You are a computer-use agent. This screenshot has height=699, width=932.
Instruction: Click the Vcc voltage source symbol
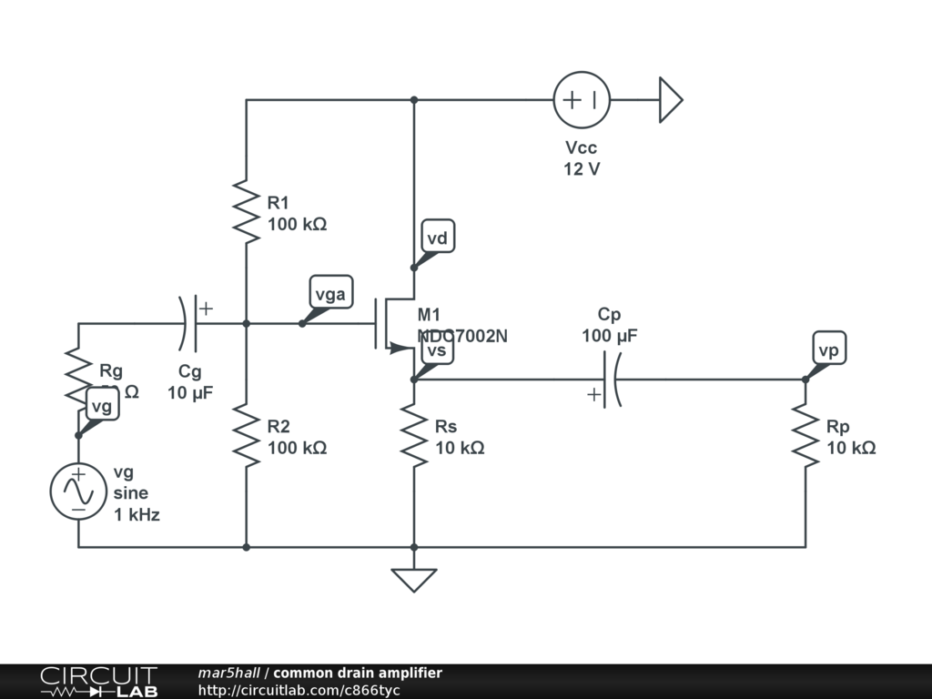coord(582,100)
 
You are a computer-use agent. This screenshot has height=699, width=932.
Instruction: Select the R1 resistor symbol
coord(247,211)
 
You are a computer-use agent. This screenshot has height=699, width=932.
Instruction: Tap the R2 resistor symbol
coord(247,434)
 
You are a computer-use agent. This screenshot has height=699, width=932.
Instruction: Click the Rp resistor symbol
coord(805,437)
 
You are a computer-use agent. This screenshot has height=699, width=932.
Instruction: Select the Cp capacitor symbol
coord(611,380)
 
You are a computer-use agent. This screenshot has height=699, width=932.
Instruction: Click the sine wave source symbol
coord(78,491)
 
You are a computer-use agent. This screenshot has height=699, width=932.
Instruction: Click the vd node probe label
coord(438,238)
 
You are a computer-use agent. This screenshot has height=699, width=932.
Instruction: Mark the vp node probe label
coord(828,350)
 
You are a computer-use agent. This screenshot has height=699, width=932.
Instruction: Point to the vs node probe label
coord(436,351)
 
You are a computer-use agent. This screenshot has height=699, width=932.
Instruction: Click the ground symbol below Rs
coord(414,579)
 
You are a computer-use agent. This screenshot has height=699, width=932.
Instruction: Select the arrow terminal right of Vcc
coord(670,100)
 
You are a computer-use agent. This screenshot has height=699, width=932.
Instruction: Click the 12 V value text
coord(582,169)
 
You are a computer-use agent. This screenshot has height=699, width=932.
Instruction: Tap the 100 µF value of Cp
coord(610,336)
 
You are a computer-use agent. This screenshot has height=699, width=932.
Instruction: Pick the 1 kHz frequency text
coord(137,515)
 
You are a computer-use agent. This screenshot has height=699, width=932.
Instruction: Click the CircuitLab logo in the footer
coord(98,681)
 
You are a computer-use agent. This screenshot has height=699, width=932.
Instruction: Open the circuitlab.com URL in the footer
coord(299,691)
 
